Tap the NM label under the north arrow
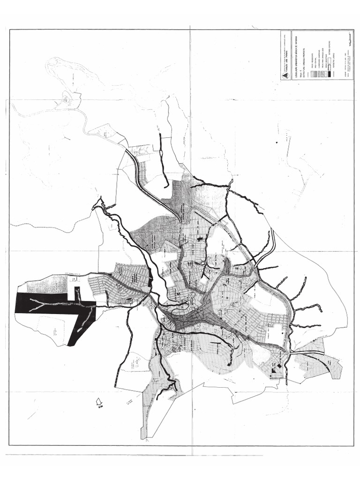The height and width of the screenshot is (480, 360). pos(100,408)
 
